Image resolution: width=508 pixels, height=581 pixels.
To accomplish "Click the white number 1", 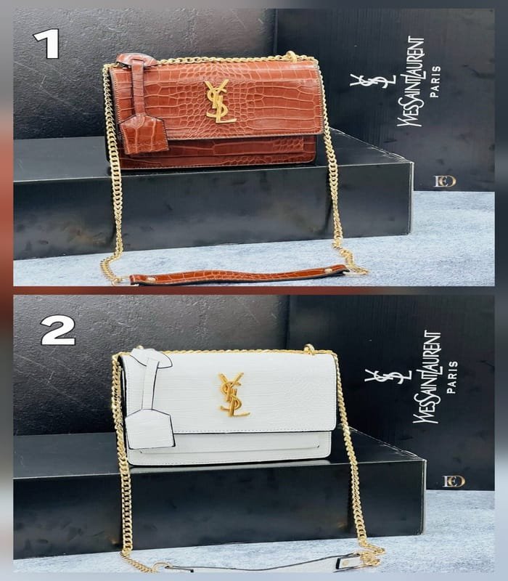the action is coord(46,44).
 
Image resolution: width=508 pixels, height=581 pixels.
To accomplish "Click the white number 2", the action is coord(58,330).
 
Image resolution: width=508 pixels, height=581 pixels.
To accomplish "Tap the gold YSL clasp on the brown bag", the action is coord(219,101).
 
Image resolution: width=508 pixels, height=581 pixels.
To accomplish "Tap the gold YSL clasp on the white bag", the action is coord(233,394).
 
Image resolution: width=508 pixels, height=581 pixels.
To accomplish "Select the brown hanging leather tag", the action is coord(143,134).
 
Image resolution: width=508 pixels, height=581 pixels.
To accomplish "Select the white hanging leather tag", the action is coord(149,429).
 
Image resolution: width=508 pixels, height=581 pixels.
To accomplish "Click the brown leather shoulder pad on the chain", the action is coord(239,275).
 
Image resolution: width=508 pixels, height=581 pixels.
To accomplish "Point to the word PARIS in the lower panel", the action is coord(451,377).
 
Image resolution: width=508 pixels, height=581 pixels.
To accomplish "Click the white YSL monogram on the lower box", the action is coord(388,376).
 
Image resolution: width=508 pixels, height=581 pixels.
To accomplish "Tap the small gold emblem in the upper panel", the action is coord(445,181).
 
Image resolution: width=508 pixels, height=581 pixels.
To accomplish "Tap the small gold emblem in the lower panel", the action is coord(454,482).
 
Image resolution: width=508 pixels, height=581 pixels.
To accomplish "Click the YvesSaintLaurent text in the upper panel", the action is coord(411,81).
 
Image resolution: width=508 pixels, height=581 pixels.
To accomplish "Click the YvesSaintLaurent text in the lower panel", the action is coord(427,377).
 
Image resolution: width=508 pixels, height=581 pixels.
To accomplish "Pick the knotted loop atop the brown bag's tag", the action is coord(136,60).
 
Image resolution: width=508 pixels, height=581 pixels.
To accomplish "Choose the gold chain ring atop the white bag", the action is coord(310,349).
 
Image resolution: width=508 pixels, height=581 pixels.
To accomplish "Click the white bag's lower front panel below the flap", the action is coord(229,448).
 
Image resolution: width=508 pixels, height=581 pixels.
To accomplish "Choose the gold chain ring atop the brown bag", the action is coord(292,57).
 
